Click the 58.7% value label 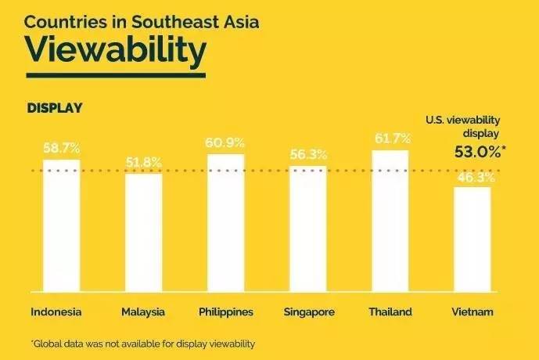click(x=61, y=148)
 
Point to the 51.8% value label click(x=143, y=162)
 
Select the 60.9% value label click(x=225, y=142)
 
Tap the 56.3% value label click(x=308, y=154)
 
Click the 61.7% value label click(x=390, y=139)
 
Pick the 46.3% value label click(x=472, y=178)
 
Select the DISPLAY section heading click(x=55, y=106)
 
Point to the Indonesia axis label click(x=56, y=312)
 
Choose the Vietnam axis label click(x=472, y=312)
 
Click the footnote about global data click(x=143, y=344)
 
